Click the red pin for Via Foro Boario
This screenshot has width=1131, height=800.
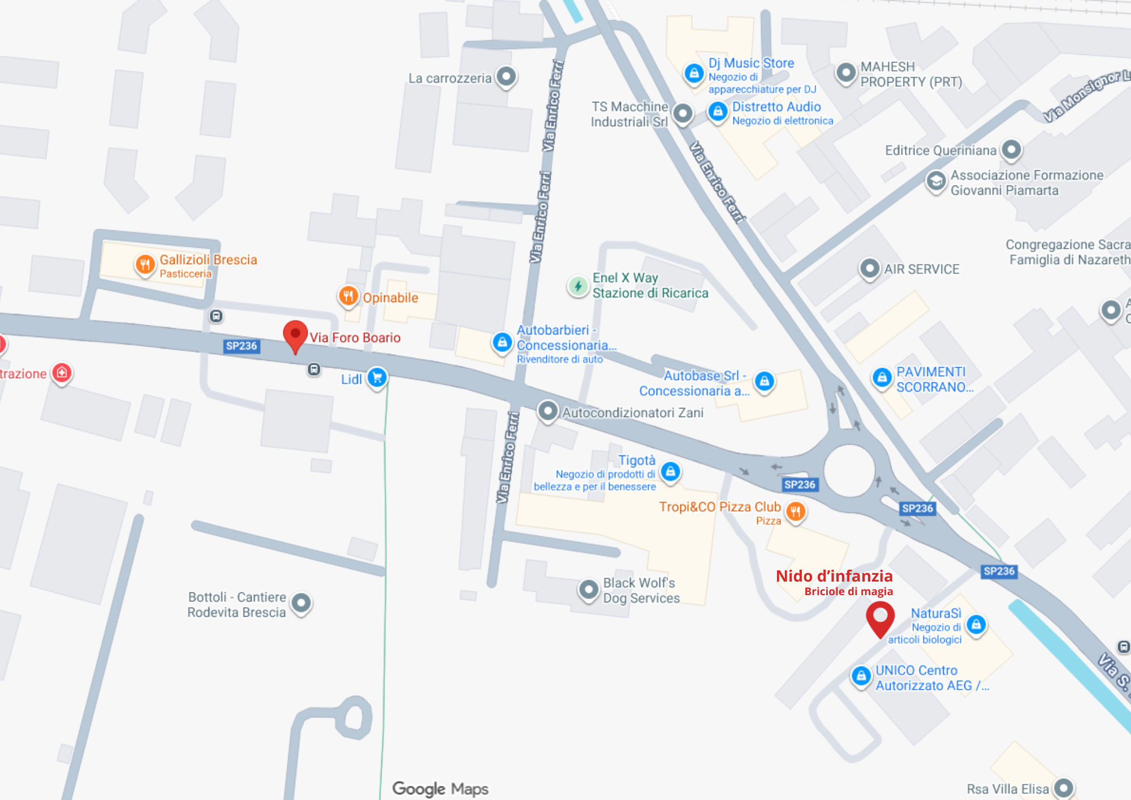(x=295, y=334)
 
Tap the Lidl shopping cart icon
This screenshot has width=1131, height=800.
(x=377, y=377)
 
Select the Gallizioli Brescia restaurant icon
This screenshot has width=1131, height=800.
(x=145, y=264)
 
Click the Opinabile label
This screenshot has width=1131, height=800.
(x=390, y=298)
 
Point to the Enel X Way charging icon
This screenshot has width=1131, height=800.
(x=578, y=286)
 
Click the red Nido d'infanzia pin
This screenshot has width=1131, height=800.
(x=880, y=617)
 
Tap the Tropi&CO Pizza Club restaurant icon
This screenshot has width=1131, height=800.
(x=796, y=511)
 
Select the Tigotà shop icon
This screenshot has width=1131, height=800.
(x=671, y=471)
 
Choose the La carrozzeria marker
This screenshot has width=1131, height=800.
(x=506, y=76)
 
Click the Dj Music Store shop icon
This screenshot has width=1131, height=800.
(x=694, y=72)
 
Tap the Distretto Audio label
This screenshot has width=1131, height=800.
(x=776, y=106)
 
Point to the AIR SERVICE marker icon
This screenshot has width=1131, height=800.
(x=870, y=268)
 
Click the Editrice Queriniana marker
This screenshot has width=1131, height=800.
(x=1011, y=150)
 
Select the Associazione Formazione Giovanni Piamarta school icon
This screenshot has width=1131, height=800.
(x=936, y=181)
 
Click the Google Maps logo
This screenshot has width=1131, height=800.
(x=440, y=788)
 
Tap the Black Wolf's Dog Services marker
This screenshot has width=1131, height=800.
(x=589, y=590)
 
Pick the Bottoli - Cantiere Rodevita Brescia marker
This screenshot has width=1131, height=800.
(x=301, y=603)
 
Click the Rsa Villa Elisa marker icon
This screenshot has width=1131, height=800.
(x=1064, y=788)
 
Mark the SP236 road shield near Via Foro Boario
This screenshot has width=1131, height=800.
(x=241, y=346)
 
